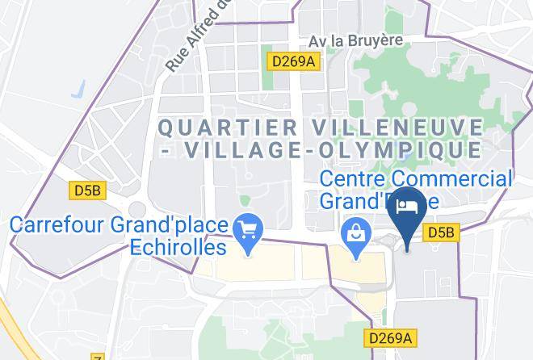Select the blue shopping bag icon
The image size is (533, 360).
355,236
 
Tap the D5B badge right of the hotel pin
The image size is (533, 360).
441,232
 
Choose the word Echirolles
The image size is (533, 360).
178,247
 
